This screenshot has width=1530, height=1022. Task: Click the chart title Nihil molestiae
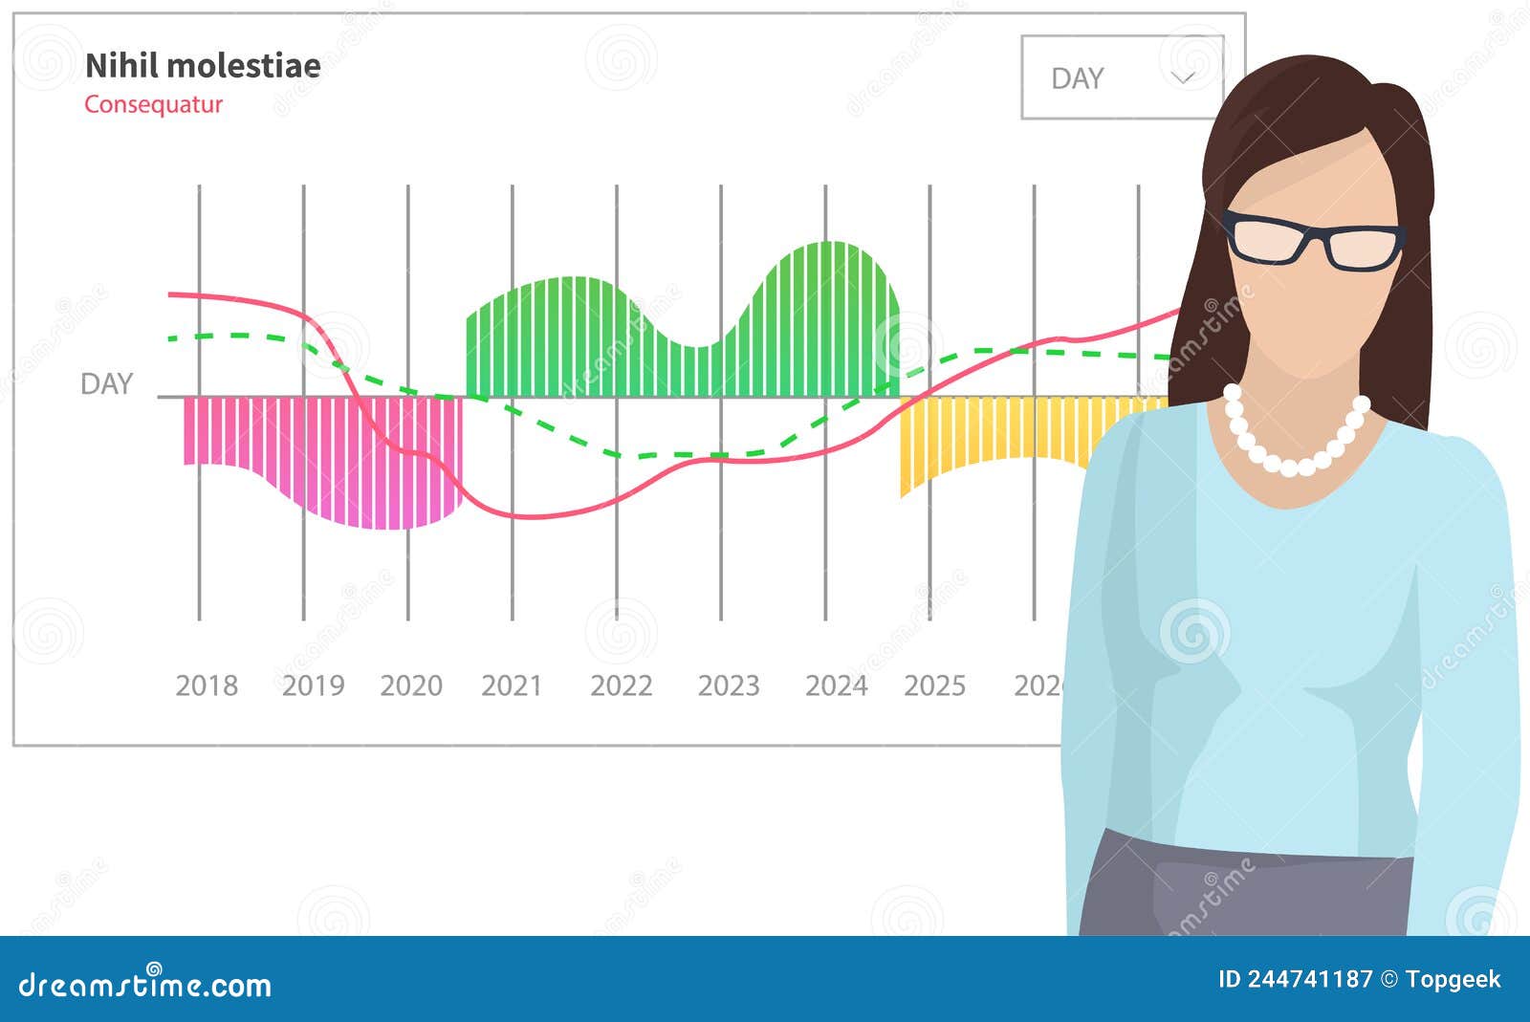tap(203, 66)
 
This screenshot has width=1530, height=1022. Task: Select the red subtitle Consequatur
tap(153, 104)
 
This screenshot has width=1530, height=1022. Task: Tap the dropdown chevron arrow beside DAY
tap(1183, 77)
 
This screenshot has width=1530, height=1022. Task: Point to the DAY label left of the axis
tap(106, 383)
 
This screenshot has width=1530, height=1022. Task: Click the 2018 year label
tap(207, 685)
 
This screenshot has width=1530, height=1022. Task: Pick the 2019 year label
tap(313, 685)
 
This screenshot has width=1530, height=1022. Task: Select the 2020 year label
tap(411, 685)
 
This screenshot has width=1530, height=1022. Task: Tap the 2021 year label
tap(512, 685)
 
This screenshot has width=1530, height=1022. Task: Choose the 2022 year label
tap(621, 685)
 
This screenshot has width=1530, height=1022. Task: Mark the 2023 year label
tap(729, 685)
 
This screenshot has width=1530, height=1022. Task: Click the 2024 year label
tap(836, 685)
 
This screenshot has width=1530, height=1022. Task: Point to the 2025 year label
tap(934, 685)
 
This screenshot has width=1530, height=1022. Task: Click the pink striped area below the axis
tap(363, 459)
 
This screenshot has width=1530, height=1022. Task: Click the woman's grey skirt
tap(1243, 889)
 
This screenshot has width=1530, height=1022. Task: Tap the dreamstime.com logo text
tap(145, 984)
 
